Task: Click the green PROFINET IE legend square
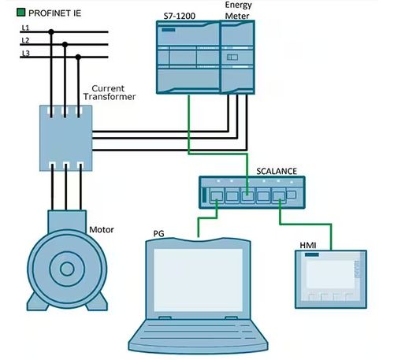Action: [x=20, y=13]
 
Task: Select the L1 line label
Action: [x=25, y=28]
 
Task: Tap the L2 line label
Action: [x=25, y=40]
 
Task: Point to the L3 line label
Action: [x=26, y=54]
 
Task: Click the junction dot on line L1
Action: [x=51, y=32]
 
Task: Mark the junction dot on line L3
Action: [x=78, y=57]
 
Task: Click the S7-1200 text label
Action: [x=180, y=17]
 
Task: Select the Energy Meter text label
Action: [x=238, y=10]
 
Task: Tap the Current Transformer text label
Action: [x=110, y=92]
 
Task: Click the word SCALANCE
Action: [x=277, y=171]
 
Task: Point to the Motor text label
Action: [x=102, y=230]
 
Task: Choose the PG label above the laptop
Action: [x=158, y=233]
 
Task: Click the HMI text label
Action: [x=308, y=246]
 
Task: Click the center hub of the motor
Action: [x=67, y=269]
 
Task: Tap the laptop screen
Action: [x=198, y=280]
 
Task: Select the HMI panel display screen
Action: [x=330, y=275]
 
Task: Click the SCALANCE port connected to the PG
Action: [x=217, y=196]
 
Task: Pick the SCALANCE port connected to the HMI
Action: [x=279, y=196]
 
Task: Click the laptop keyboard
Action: [x=198, y=332]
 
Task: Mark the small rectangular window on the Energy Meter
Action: [x=232, y=58]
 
